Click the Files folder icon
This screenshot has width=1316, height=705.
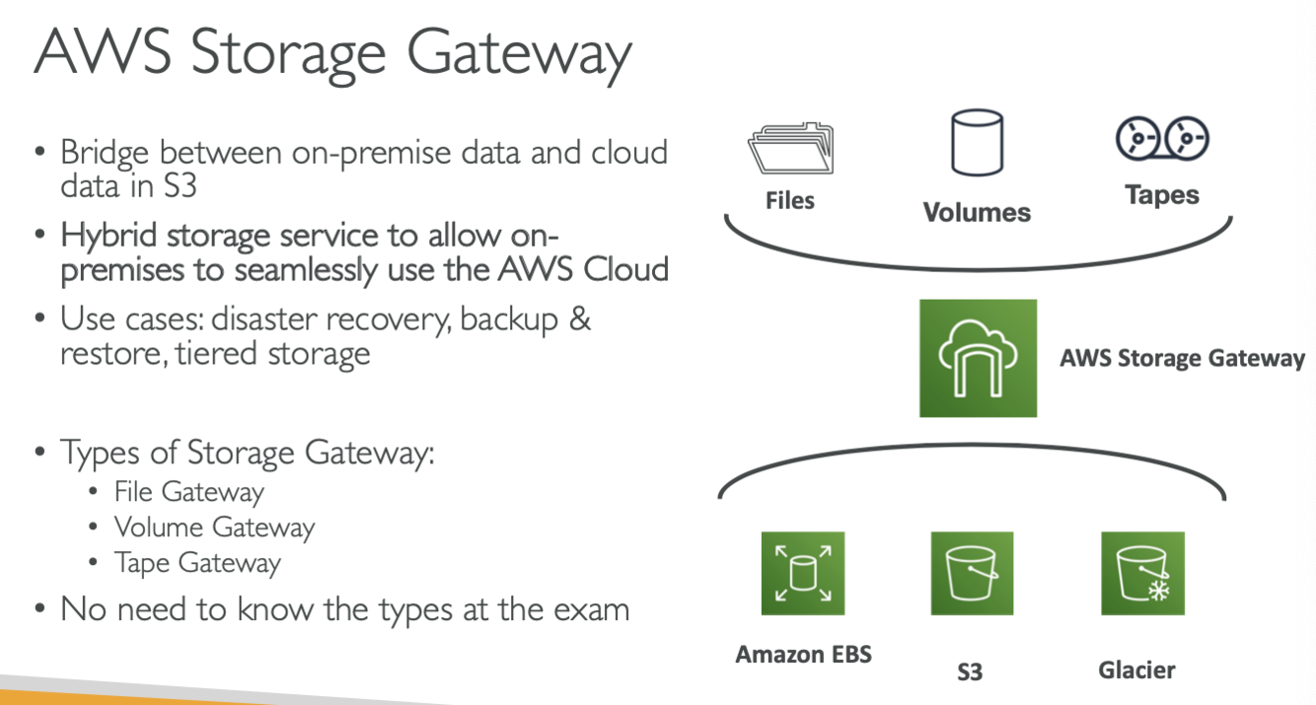pyautogui.click(x=790, y=149)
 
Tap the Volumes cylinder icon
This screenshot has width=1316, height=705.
pyautogui.click(x=976, y=144)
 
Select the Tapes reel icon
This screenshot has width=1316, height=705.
pyautogui.click(x=1162, y=139)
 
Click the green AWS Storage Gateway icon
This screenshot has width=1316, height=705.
pyautogui.click(x=978, y=358)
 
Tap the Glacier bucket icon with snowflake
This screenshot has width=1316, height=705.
pyautogui.click(x=1142, y=573)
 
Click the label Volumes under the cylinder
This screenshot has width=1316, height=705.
pyautogui.click(x=977, y=212)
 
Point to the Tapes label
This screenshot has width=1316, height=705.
pyautogui.click(x=1162, y=195)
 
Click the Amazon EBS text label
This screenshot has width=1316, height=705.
pyautogui.click(x=803, y=654)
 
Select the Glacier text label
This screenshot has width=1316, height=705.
pyautogui.click(x=1136, y=670)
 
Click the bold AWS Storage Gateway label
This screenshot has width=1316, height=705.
pyautogui.click(x=1182, y=358)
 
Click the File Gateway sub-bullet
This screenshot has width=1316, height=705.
pyautogui.click(x=188, y=491)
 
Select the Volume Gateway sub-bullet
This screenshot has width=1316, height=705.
pyautogui.click(x=214, y=528)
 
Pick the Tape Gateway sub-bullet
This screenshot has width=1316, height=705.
pyautogui.click(x=197, y=563)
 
